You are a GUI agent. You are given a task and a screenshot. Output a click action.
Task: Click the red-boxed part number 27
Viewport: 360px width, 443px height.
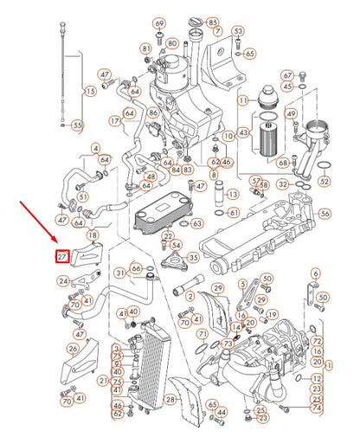(61, 257)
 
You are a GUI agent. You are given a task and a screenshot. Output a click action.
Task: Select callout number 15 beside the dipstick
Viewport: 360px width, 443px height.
(90, 91)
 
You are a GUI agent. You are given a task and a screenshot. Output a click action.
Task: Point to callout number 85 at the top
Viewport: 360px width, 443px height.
(213, 22)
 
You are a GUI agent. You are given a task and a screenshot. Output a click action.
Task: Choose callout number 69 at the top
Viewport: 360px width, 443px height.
(158, 22)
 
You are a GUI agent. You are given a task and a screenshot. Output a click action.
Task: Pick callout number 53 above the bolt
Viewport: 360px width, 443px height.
(237, 31)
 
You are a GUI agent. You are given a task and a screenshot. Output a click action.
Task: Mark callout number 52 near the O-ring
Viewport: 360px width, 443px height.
(324, 182)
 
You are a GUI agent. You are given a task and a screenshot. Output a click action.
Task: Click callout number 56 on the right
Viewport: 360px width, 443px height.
(325, 214)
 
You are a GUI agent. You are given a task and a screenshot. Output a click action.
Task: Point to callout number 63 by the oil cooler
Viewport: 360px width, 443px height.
(197, 224)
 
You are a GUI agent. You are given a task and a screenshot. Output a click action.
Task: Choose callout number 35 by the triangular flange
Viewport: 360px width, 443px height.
(193, 257)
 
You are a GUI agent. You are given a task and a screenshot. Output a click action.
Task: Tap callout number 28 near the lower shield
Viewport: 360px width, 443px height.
(170, 399)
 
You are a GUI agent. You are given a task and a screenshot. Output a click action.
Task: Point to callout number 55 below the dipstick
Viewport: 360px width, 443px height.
(77, 125)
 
